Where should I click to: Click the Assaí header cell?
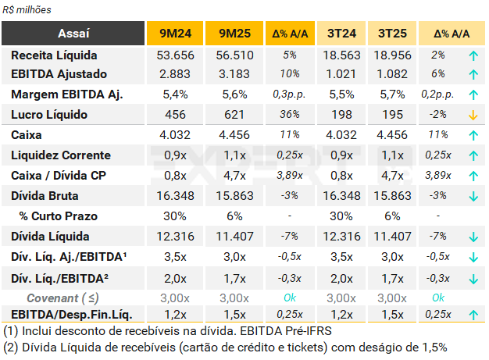pos(74,34)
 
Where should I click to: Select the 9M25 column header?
pos(234,34)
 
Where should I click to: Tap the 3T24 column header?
pos(342,34)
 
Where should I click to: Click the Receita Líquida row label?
pos(54,55)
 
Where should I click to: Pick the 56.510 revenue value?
pos(234,55)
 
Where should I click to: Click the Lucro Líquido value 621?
pos(234,115)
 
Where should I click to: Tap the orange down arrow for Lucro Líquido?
pos(473,116)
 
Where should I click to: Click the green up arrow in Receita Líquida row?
pos(473,55)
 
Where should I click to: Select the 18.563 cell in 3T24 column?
pos(342,55)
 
